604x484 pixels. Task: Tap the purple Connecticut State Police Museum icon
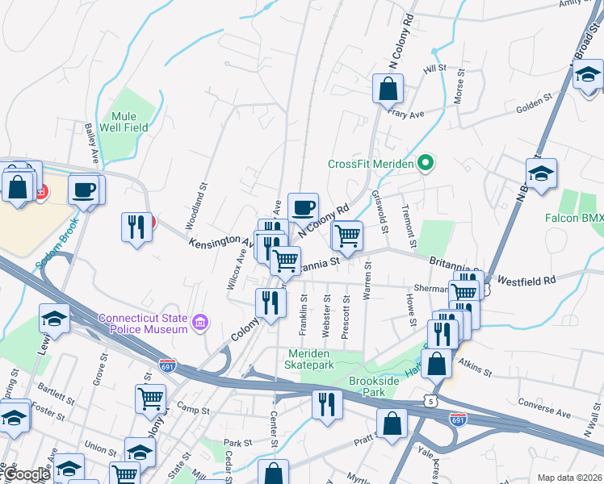[x=201, y=323]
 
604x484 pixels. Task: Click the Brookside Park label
[x=375, y=386]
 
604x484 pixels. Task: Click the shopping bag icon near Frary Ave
[x=388, y=88]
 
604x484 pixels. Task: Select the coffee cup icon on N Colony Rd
[x=303, y=207]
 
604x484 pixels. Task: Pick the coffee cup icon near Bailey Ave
[x=83, y=190]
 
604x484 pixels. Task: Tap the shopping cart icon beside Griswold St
[x=347, y=236]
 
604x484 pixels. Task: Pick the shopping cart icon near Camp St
[x=150, y=398]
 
